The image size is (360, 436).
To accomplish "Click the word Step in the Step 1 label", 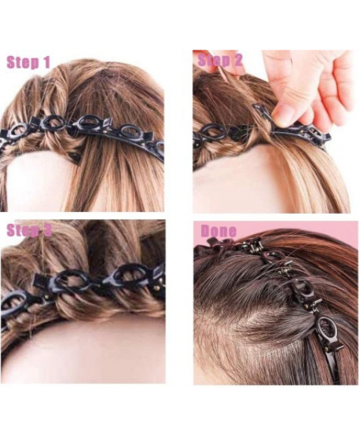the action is pyautogui.click(x=22, y=63).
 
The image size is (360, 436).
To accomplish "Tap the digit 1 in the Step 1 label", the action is pyautogui.click(x=46, y=62).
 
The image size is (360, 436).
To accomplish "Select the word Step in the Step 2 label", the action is pyautogui.click(x=212, y=61).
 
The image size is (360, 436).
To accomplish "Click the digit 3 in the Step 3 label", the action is pyautogui.click(x=47, y=229).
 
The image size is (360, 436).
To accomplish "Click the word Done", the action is pyautogui.click(x=219, y=230).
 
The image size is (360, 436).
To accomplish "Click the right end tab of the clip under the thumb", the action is pyautogui.click(x=327, y=135).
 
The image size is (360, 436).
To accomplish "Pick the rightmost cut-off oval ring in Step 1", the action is pyautogui.click(x=159, y=147).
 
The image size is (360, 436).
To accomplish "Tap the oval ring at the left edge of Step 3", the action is pyautogui.click(x=14, y=301).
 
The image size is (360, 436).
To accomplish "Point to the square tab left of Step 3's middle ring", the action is pyautogui.click(x=40, y=280).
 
